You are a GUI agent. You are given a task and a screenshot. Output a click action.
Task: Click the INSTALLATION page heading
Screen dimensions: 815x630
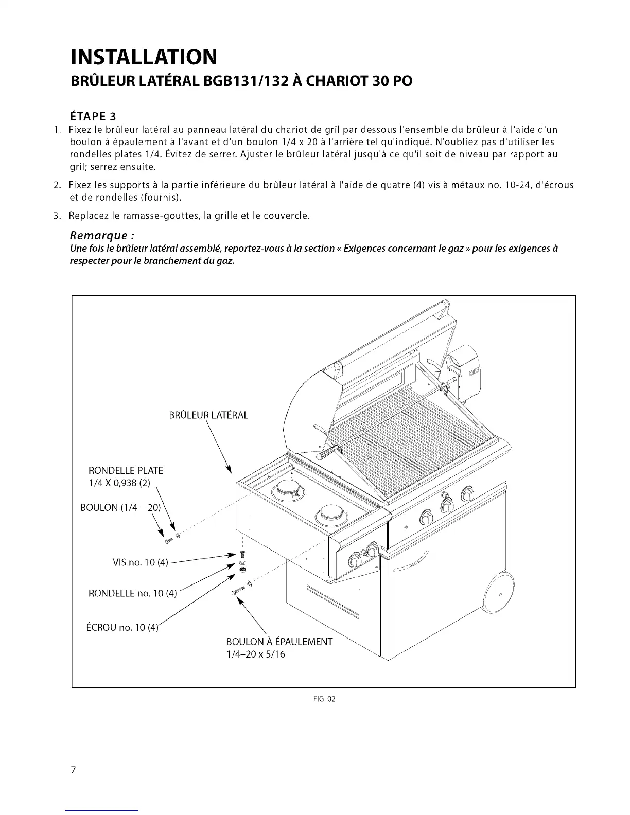coord(144,57)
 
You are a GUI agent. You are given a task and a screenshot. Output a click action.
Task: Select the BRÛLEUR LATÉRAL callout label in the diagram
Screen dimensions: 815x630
coord(208,415)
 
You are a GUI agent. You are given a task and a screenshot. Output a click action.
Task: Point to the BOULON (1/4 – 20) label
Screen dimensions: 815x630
coord(120,508)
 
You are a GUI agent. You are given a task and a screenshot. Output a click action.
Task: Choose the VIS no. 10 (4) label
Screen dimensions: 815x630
coord(140,562)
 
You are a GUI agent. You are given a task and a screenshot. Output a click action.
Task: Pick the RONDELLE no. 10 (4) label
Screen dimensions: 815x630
coord(132,593)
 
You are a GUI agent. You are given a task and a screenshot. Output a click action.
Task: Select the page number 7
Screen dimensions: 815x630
coord(74,770)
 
